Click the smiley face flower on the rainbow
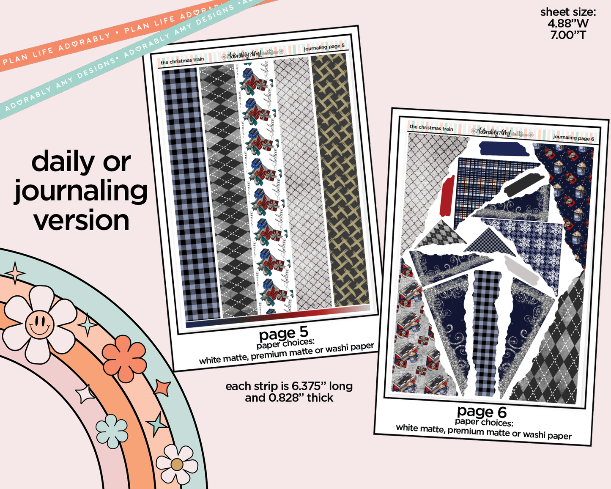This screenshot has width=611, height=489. [x=39, y=325]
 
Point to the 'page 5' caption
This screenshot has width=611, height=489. [x=283, y=334]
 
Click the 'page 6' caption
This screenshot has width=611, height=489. [x=482, y=411]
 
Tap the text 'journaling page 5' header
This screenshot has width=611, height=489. [x=324, y=47]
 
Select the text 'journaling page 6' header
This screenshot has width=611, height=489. [x=573, y=138]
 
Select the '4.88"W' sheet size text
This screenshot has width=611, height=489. [x=568, y=24]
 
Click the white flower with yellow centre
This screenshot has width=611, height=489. [x=177, y=464]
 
